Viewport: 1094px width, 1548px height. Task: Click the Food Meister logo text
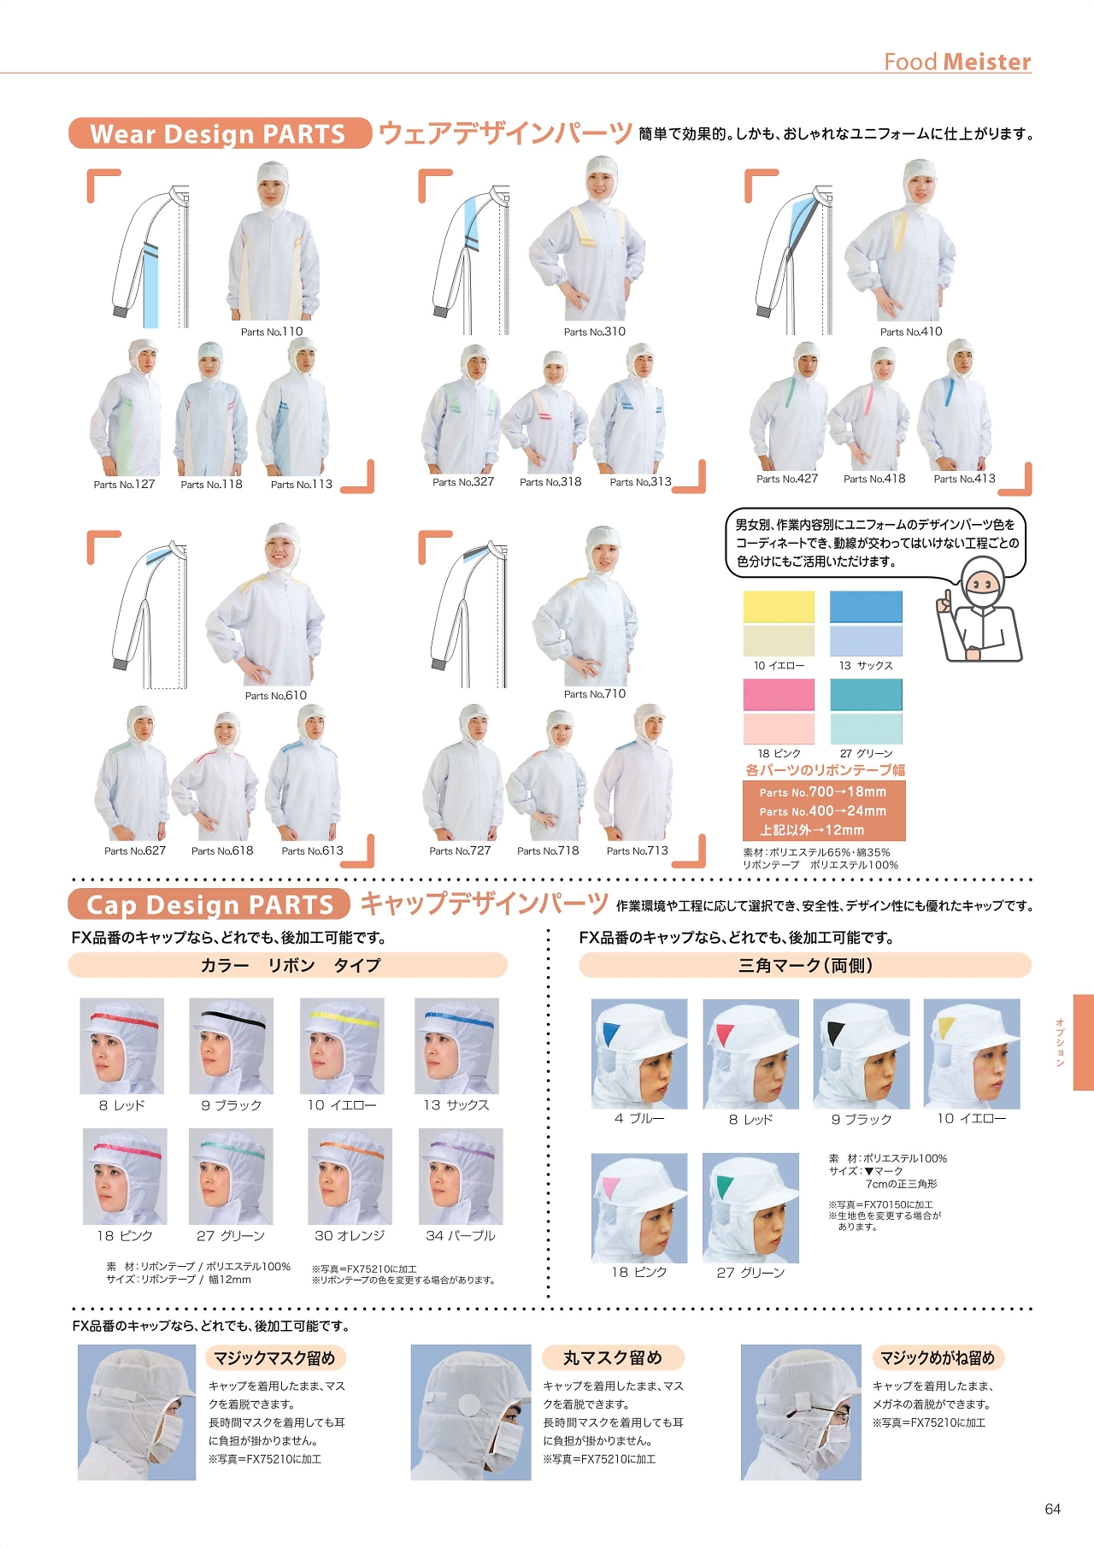pos(957,62)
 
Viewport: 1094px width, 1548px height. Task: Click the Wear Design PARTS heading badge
pos(220,133)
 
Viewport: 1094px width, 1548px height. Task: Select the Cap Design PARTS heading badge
pos(209,904)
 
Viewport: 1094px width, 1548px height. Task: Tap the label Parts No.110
pos(272,332)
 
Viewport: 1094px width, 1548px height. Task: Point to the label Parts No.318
pos(550,482)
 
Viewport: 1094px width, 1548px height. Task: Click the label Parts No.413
pos(964,479)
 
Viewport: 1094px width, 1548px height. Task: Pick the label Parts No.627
pos(135,851)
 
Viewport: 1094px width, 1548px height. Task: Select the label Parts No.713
pos(638,851)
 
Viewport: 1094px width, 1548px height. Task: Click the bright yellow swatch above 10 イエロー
pos(779,606)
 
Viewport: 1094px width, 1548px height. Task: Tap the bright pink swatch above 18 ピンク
pos(779,695)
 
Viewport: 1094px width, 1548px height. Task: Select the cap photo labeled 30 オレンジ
pos(350,1176)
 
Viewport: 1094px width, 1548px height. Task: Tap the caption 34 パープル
pos(461,1236)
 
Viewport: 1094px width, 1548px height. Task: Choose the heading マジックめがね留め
pos(938,1357)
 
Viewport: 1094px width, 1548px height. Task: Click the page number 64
pos(1053,1510)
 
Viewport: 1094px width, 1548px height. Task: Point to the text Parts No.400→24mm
pos(823,811)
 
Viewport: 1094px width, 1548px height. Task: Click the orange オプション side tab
pos(1083,1042)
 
